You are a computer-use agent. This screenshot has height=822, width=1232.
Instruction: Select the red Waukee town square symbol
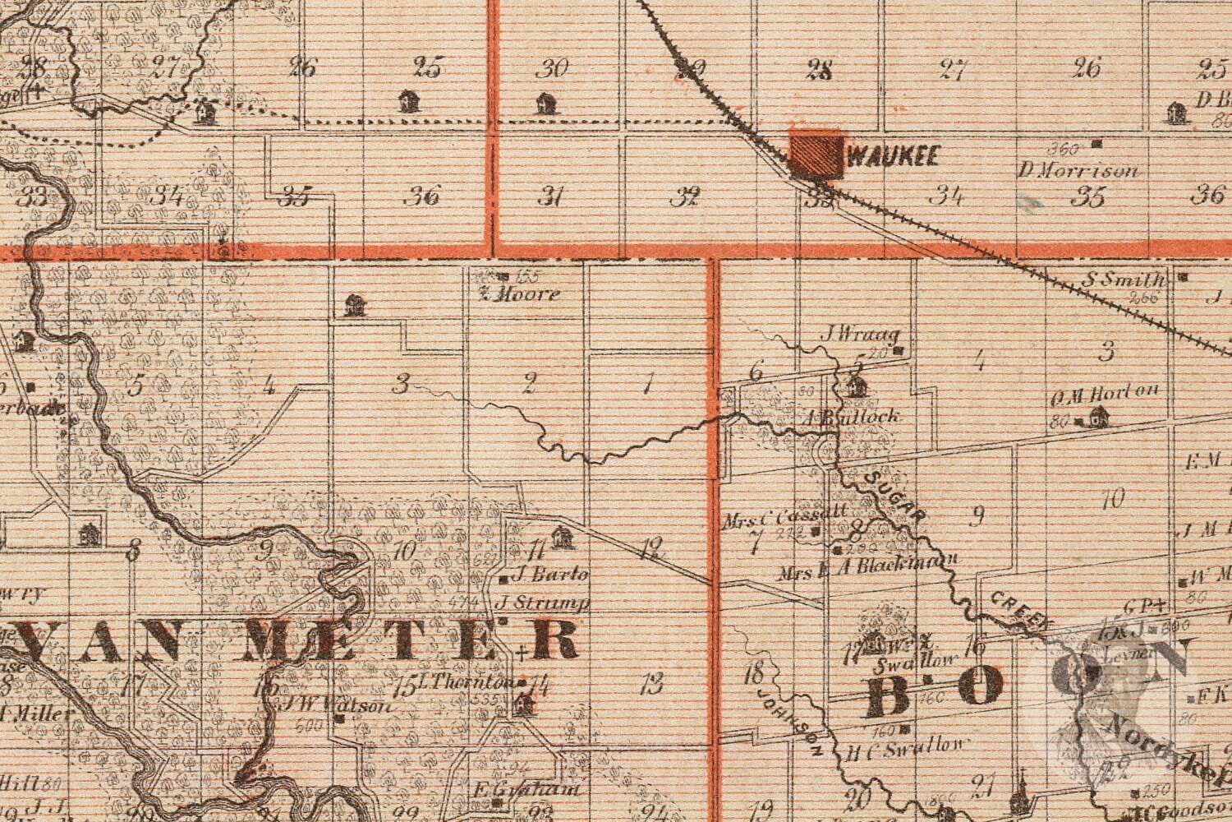point(814,153)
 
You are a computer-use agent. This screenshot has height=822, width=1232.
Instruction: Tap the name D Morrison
point(1078,171)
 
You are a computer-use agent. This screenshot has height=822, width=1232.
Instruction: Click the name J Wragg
point(860,335)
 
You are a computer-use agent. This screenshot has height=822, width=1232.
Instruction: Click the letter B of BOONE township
point(885,692)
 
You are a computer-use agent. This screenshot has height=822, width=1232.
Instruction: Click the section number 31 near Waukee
point(551,196)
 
